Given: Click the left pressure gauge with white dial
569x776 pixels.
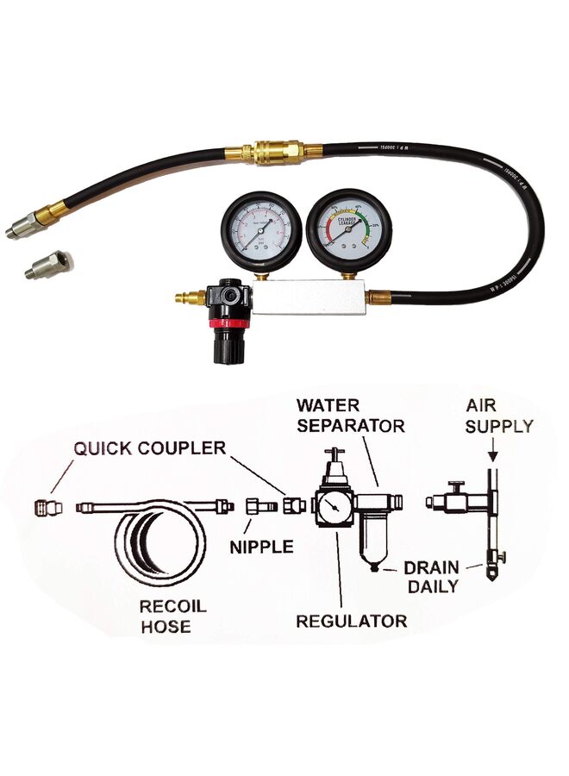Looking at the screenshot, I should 256,229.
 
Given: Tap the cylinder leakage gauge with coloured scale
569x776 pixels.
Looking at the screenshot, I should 348,228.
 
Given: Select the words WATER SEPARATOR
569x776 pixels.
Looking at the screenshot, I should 350,415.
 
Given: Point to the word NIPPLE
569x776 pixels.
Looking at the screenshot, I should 262,546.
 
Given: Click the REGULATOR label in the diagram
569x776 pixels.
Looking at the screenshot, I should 351,620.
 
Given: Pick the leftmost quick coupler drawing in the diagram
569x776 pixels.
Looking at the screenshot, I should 46,506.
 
